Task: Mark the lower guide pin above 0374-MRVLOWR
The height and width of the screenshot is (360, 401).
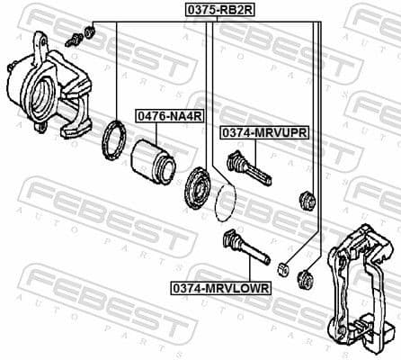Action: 245,247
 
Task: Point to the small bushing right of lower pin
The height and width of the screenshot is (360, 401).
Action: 282,268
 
